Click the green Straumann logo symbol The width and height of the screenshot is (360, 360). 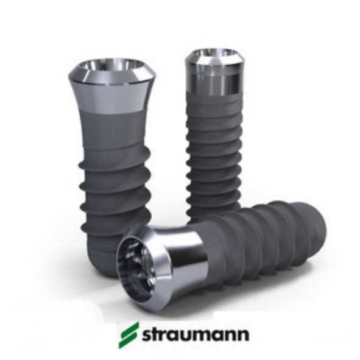pyautogui.click(x=129, y=335)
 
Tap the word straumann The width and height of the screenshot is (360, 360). pyautogui.click(x=195, y=335)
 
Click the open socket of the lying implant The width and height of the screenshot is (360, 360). pyautogui.click(x=137, y=268)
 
